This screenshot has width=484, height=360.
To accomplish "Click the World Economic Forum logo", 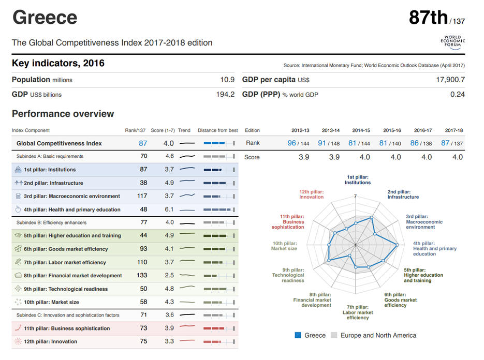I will [453, 41].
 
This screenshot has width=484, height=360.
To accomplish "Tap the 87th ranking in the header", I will [429, 18].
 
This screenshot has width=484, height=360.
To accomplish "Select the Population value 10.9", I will [227, 80].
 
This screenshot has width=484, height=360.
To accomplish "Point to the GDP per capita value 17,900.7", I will [450, 80].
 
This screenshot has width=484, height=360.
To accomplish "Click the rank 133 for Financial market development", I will [142, 276].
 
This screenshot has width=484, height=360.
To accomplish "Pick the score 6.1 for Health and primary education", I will [169, 209].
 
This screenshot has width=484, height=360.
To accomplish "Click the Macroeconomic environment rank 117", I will [142, 196].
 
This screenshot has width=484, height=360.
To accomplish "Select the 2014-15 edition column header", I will [361, 130].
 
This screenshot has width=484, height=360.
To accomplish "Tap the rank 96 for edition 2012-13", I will [292, 143].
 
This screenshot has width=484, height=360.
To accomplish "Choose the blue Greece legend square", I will [298, 335].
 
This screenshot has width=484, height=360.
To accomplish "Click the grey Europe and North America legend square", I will [334, 335].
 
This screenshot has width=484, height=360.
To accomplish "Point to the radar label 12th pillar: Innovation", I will [311, 194].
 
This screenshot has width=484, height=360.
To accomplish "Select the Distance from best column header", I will [217, 130].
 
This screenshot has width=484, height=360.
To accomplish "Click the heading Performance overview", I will [63, 114].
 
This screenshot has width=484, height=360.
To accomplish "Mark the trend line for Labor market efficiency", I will [187, 262].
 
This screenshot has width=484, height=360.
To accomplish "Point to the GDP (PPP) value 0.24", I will [457, 95].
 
